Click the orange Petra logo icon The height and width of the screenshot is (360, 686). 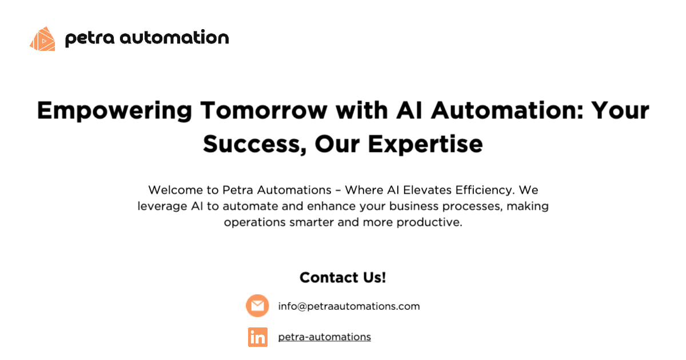[x=42, y=39]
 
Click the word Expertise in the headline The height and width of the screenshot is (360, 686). [x=425, y=144]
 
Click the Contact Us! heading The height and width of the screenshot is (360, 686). [x=343, y=278]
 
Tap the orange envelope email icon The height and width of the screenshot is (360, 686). [x=257, y=306]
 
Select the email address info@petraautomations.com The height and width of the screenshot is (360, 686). [x=349, y=306]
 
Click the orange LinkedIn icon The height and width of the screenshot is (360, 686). [x=257, y=337]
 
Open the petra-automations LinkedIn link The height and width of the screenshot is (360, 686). [x=324, y=337]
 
